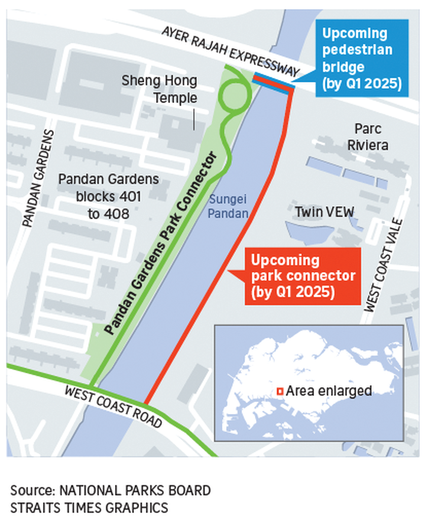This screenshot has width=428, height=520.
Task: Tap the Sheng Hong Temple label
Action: click(160, 89)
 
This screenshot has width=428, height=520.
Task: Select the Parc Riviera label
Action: click(368, 137)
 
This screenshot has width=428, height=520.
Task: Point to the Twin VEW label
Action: click(324, 212)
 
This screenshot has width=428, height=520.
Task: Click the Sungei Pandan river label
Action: click(228, 206)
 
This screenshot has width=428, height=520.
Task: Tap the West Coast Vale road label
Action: click(384, 266)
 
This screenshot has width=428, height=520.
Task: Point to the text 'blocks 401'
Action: click(108, 197)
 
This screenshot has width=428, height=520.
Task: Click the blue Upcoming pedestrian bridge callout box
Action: click(362, 58)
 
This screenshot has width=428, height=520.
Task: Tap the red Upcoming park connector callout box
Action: click(303, 276)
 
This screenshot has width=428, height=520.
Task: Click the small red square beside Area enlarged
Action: click(280, 391)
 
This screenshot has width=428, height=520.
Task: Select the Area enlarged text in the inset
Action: click(329, 391)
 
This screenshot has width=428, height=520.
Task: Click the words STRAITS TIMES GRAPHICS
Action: click(89, 508)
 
